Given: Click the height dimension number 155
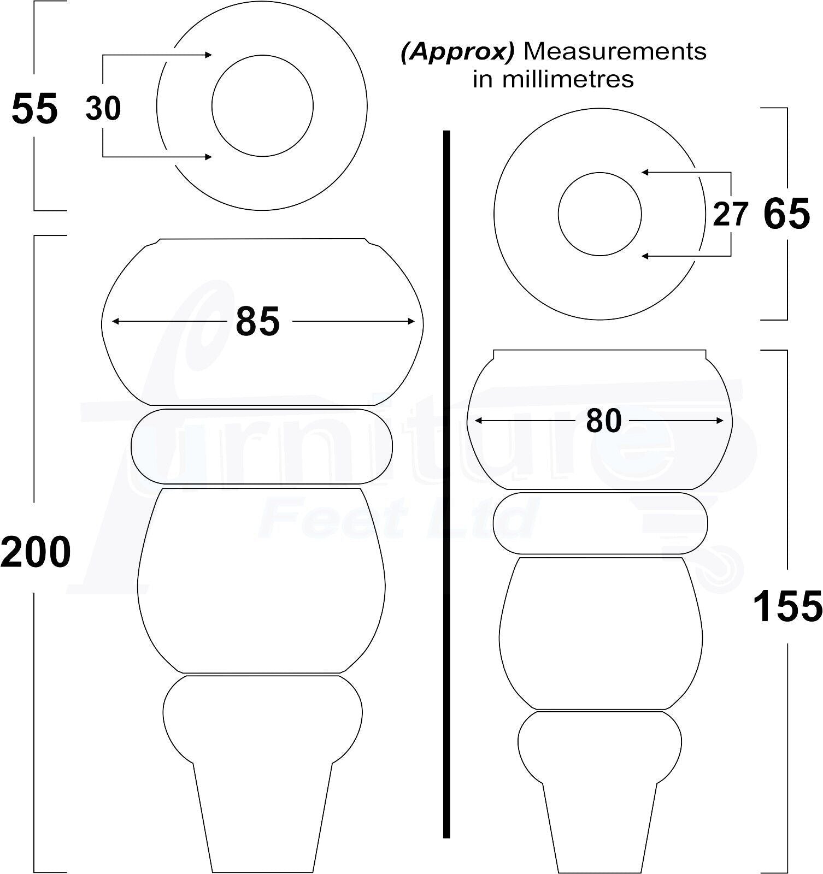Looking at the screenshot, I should [787, 606].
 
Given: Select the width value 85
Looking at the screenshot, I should [257, 322].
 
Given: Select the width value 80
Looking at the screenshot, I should [603, 421].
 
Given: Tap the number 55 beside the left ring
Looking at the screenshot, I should [34, 109].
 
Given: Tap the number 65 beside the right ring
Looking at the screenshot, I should [786, 214].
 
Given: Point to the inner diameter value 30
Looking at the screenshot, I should [103, 108].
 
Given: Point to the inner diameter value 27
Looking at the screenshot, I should [730, 214].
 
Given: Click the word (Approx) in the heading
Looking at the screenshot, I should [457, 52].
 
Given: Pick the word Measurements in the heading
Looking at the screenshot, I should [615, 52].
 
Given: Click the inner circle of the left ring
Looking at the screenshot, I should [262, 105].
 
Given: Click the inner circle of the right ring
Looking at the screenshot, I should [599, 214].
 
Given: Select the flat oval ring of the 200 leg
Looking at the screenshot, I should [262, 446].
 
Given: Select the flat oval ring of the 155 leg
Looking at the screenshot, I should [600, 523].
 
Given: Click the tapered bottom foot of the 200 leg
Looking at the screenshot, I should [262, 819].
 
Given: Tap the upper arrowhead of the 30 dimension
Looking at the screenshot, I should [208, 55].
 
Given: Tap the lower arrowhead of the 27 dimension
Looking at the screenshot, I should [645, 256].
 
